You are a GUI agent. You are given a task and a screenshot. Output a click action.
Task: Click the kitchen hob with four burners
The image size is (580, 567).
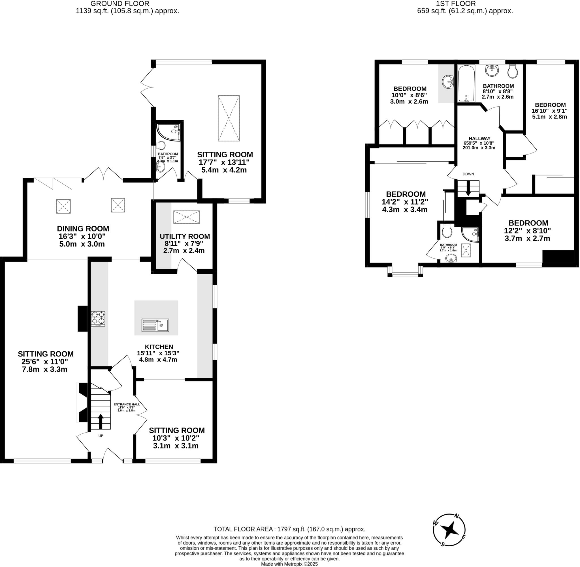click(x=98, y=318)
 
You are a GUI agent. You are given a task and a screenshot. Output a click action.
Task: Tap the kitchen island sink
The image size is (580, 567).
click(x=155, y=325)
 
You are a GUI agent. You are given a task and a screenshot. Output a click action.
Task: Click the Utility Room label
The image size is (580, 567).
click(x=185, y=237)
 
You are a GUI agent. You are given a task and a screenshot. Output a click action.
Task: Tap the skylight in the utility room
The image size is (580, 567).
click(x=186, y=217)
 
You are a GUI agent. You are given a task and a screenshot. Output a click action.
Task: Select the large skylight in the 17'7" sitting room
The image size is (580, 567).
click(x=229, y=118)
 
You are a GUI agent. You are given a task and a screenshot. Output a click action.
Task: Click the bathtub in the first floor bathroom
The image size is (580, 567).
click(x=466, y=84)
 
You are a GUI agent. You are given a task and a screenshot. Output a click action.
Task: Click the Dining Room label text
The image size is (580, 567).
click(x=83, y=229)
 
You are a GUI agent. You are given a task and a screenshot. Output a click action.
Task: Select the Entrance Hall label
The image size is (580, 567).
click(x=127, y=404)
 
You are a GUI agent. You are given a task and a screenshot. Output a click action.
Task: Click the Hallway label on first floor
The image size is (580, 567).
click(x=479, y=138)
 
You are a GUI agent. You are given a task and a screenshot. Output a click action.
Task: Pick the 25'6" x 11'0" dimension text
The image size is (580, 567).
click(x=45, y=362)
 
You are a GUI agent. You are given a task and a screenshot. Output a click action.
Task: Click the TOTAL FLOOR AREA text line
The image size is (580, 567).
click(x=289, y=529)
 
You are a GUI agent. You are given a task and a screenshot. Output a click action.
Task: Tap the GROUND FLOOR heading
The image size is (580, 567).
click(x=120, y=4)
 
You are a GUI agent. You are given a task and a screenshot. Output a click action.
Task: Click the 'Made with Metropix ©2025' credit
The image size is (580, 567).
click(x=289, y=564)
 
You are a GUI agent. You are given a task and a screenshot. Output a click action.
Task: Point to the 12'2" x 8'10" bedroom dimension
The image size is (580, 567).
click(x=527, y=231)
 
